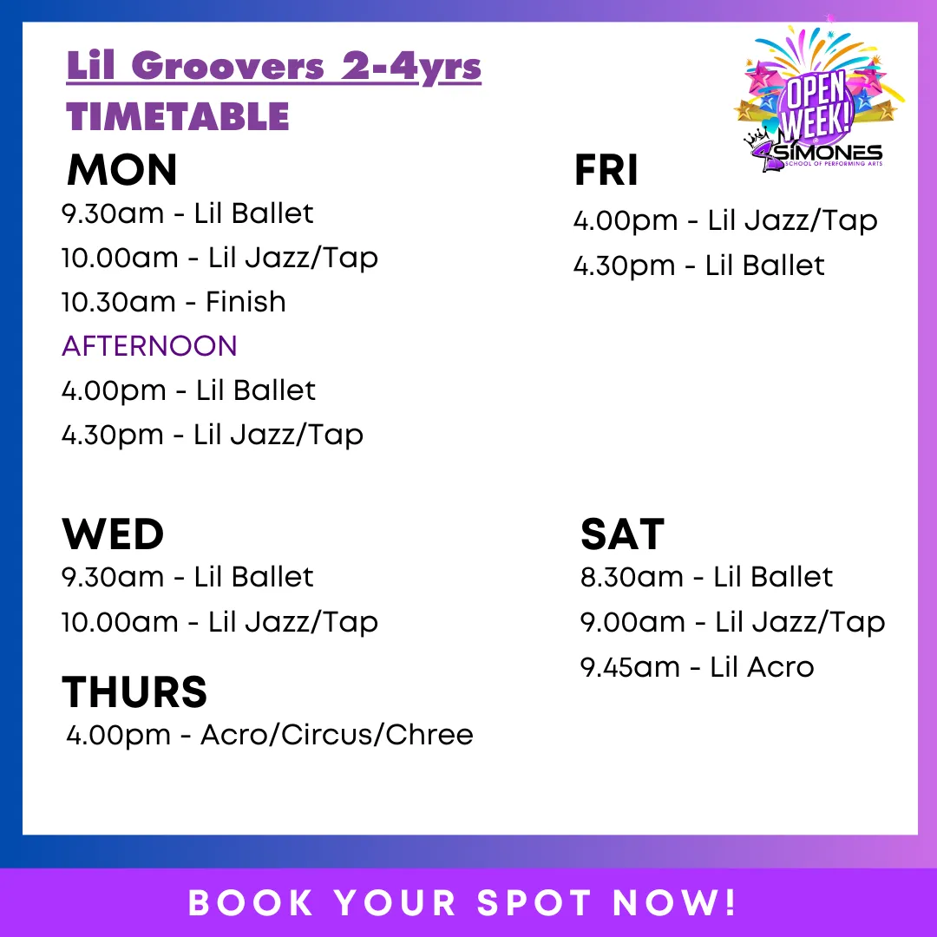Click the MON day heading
coord(122,170)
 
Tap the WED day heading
coord(113,534)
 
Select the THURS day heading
coord(134,691)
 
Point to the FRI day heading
coord(606,170)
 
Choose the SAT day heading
coord(622,534)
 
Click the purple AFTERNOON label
coord(149,346)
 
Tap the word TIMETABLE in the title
coord(178,116)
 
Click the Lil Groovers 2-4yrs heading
coord(273,66)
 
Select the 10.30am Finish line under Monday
coord(174,302)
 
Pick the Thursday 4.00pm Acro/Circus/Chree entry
coord(270,735)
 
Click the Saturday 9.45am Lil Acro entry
coord(698,667)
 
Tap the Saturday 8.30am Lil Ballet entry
coord(707,577)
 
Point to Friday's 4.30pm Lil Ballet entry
coord(699,265)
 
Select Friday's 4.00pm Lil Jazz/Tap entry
coord(725,221)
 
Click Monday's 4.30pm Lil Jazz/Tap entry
coord(213,435)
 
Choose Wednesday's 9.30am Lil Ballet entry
coord(187,577)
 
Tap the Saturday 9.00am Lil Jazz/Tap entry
coord(733,622)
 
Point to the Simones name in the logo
coord(829,153)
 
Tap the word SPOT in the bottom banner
coord(534,902)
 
